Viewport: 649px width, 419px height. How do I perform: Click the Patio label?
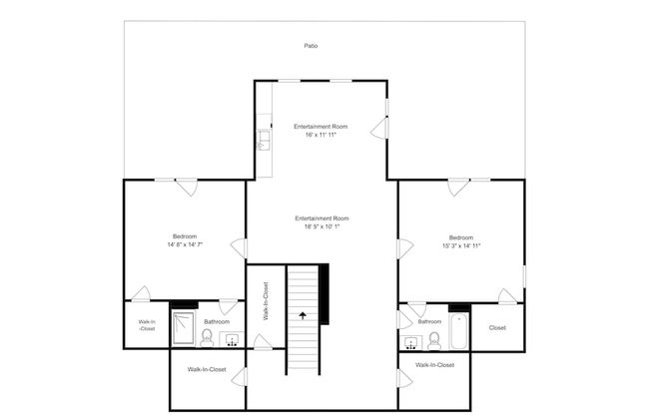tap(311, 46)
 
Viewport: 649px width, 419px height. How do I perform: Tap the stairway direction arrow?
tap(303, 316)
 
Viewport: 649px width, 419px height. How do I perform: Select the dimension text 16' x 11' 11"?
tap(321, 135)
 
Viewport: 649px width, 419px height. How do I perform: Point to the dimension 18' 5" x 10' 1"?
tap(323, 226)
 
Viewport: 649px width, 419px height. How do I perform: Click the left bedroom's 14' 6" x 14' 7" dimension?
tap(185, 244)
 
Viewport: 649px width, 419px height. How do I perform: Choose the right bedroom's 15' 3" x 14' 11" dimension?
tap(461, 245)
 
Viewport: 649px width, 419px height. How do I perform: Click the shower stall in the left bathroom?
tap(184, 328)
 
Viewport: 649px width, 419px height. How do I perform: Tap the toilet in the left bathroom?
tap(207, 337)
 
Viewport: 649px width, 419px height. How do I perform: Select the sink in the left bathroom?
tap(232, 339)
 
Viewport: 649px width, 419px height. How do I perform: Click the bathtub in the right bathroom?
tap(459, 332)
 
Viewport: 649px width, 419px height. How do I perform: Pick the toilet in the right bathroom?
tap(434, 341)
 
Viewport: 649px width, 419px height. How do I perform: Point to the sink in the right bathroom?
tap(411, 343)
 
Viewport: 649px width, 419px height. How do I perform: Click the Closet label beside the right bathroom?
tap(497, 327)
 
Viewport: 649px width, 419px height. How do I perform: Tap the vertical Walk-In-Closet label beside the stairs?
tap(266, 301)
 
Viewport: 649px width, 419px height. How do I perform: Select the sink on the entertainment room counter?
tap(264, 140)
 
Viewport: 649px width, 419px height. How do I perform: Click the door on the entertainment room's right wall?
tap(379, 129)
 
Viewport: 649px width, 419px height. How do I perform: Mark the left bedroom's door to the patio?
tap(187, 188)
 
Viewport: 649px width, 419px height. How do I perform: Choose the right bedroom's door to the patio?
tap(458, 188)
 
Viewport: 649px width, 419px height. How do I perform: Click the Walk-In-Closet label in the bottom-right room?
tap(434, 365)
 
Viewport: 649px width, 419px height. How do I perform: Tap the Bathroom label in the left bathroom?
tap(217, 322)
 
